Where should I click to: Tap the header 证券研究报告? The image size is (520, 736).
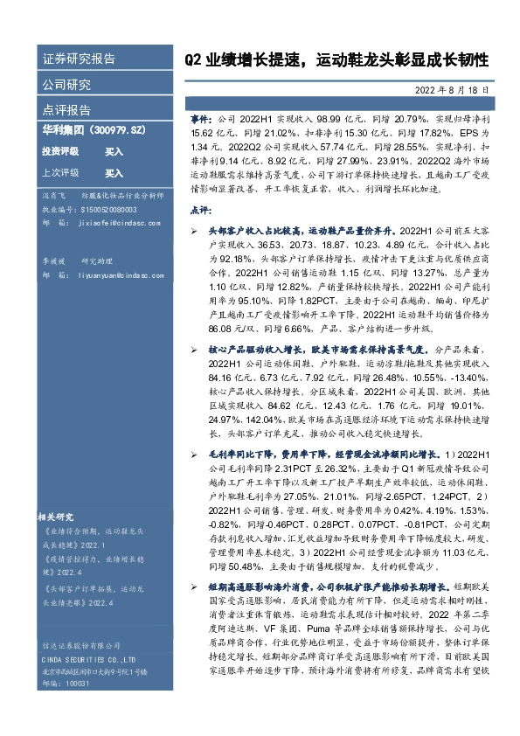coord(79,59)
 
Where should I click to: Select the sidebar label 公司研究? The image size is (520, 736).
coord(66,85)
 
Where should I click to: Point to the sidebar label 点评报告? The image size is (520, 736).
coord(66,110)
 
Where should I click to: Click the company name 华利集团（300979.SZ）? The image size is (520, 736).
coord(93,131)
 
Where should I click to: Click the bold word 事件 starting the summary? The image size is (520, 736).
coord(200,115)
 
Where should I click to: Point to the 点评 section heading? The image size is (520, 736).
coord(200,210)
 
